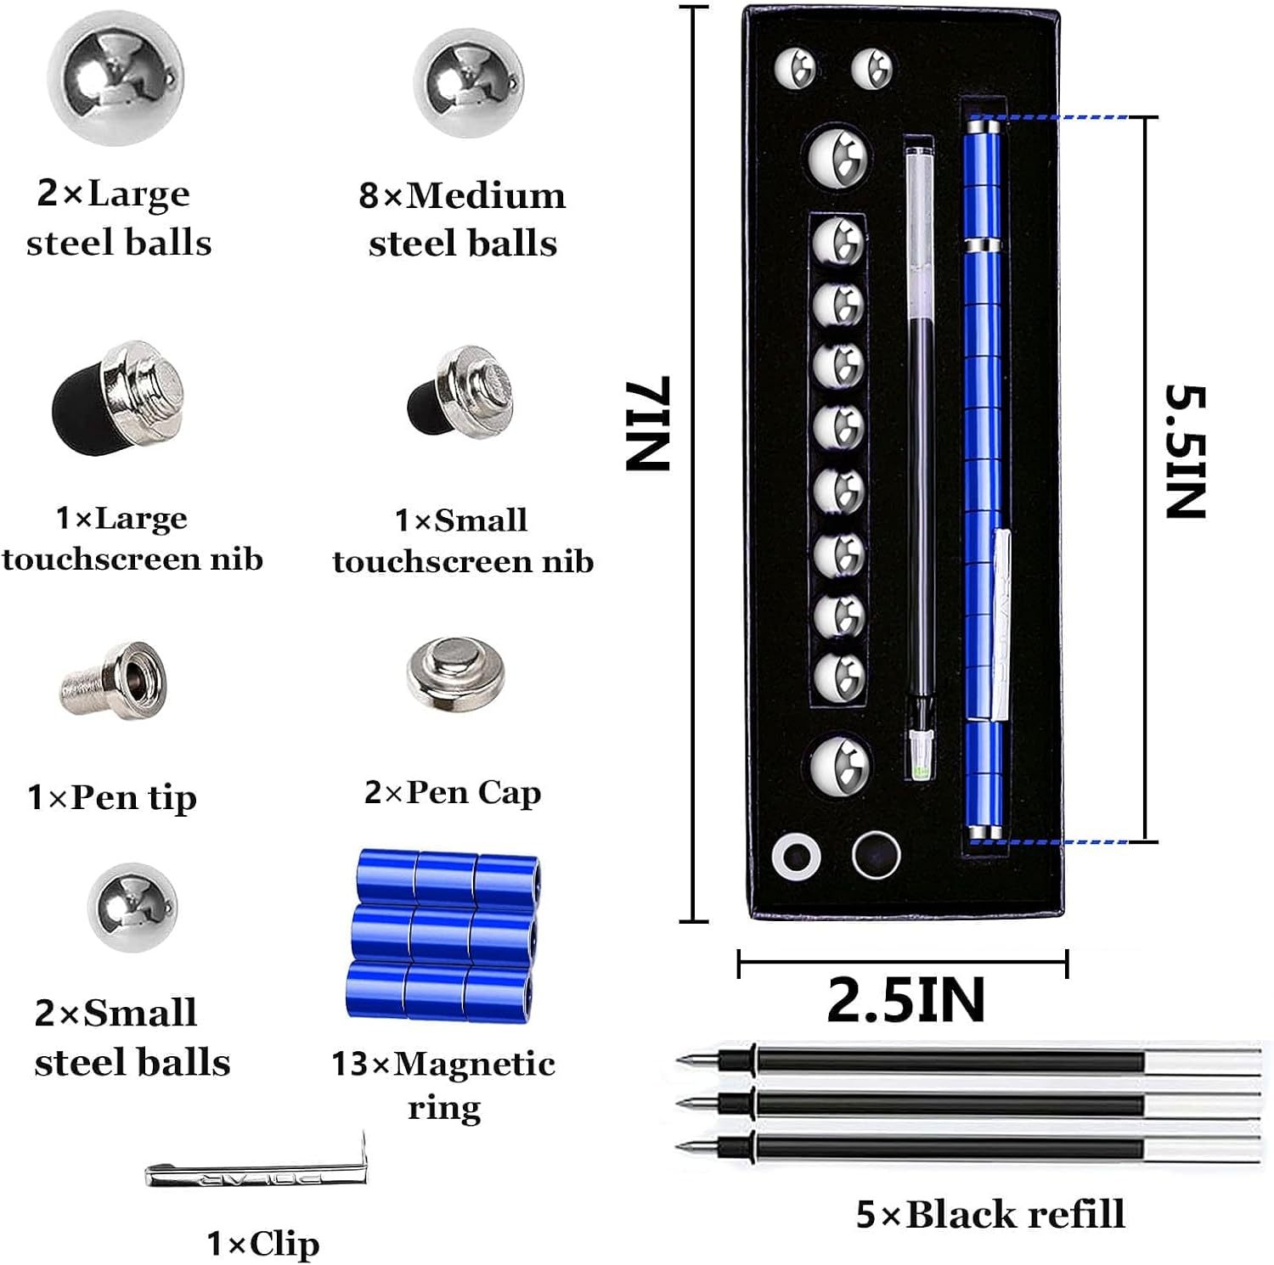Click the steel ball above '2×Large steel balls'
(115, 77)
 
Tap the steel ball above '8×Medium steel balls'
(468, 83)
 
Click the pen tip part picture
(115, 679)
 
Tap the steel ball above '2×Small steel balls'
(132, 907)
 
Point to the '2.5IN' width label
(905, 1000)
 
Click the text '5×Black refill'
(989, 1214)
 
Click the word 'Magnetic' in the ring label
(475, 1063)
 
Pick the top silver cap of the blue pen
(984, 127)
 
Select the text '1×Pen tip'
(112, 797)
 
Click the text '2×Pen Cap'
(453, 792)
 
